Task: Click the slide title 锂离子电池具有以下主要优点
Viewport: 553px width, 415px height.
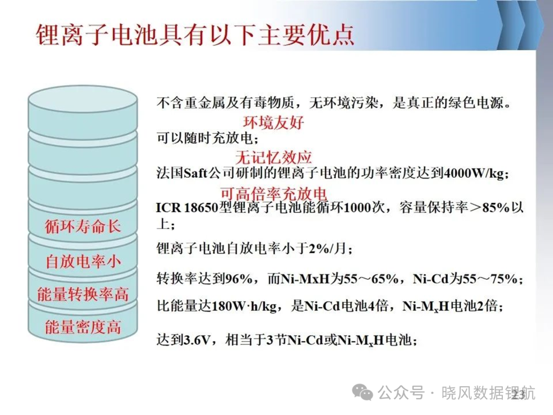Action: pyautogui.click(x=195, y=35)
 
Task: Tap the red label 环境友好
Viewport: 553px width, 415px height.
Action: pyautogui.click(x=273, y=122)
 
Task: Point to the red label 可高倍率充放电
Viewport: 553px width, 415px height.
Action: pyautogui.click(x=273, y=194)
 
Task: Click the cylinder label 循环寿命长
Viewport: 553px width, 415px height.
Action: pyautogui.click(x=83, y=226)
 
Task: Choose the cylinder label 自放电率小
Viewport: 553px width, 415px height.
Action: pyautogui.click(x=83, y=261)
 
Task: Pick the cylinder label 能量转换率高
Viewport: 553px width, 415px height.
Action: pyautogui.click(x=83, y=294)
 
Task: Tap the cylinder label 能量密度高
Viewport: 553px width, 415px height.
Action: pyautogui.click(x=83, y=327)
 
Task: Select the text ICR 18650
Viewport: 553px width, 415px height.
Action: pyautogui.click(x=187, y=208)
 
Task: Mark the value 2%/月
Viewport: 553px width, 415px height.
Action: pyautogui.click(x=328, y=248)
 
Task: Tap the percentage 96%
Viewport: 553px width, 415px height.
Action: pyautogui.click(x=239, y=279)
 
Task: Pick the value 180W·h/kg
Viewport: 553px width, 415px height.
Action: pyautogui.click(x=244, y=306)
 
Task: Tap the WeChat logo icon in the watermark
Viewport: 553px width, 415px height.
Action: pyautogui.click(x=362, y=391)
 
